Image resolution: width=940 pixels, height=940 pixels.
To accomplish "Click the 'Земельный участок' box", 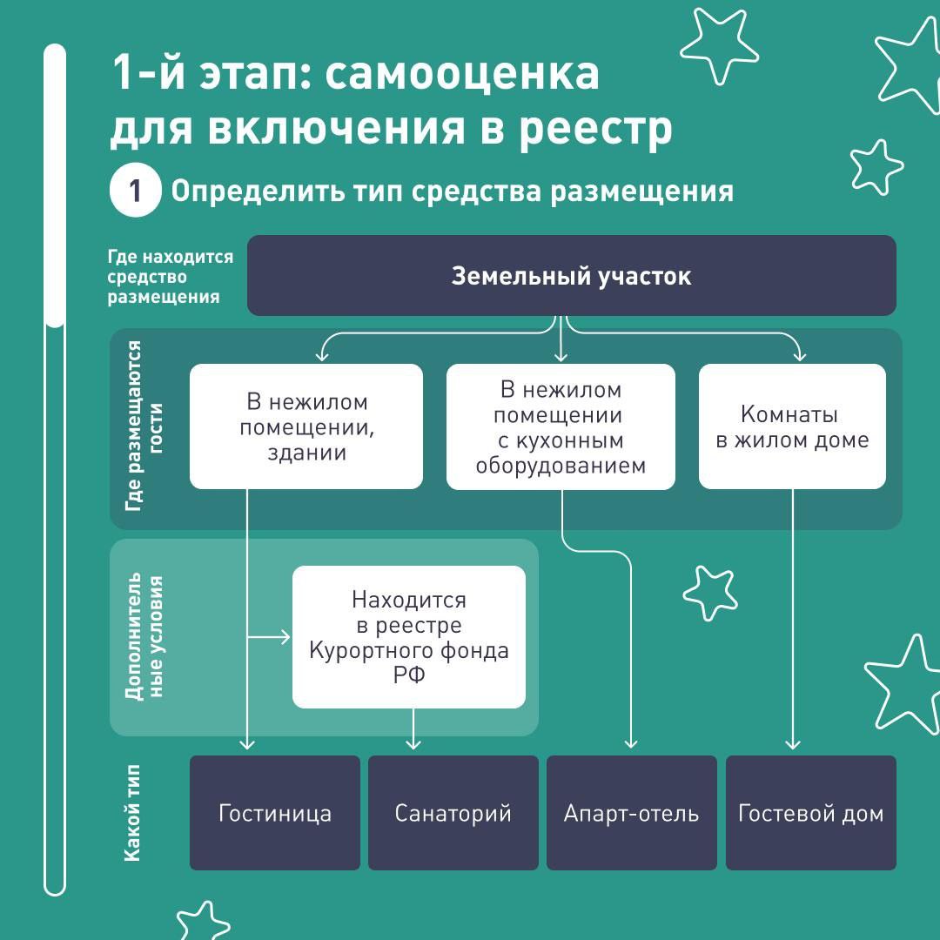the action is coord(571,275).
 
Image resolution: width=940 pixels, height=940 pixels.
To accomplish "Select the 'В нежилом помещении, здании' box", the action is coord(306,426).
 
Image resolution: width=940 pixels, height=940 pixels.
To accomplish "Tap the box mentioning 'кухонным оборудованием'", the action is coord(561,426).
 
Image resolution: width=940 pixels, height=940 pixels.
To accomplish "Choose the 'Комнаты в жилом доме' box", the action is coord(792,426).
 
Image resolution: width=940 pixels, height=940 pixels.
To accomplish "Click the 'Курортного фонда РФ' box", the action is coord(409,636).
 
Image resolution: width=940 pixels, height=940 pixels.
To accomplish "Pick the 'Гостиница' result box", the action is coord(274,812).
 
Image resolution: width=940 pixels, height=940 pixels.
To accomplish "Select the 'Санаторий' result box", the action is coord(453,812).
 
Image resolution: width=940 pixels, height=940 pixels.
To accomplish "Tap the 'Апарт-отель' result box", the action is coord(631,812).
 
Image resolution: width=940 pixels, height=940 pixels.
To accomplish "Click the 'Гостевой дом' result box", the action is coord(810,812).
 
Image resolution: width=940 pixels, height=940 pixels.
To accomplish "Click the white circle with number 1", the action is coord(136,191).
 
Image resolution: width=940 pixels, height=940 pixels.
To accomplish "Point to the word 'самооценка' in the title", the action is coord(461,73).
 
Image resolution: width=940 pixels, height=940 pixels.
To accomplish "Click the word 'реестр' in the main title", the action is coord(595,129).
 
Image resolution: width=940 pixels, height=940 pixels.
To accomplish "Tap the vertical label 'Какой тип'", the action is coord(132,813).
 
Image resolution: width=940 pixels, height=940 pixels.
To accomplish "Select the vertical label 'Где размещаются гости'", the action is coord(144,426).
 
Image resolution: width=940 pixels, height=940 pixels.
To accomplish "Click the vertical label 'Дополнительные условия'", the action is coord(144,636).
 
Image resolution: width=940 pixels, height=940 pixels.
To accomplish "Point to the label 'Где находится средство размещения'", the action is coord(171,277).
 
